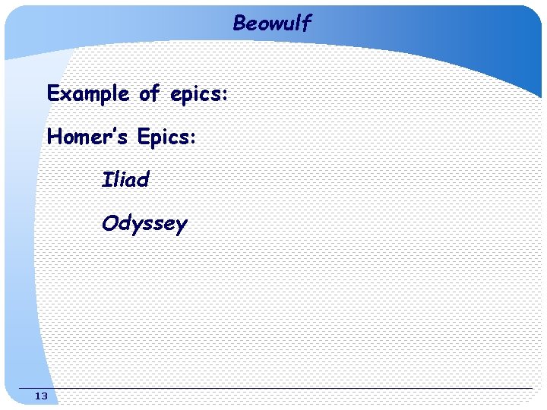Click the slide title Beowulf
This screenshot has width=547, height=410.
[272, 24]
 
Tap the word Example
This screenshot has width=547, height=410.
[88, 94]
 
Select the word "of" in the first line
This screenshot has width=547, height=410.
[150, 94]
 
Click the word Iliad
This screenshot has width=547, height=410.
[125, 181]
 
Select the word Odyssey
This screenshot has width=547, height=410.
[144, 225]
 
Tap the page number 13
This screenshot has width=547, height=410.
[41, 396]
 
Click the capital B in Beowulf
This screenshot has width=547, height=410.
[239, 24]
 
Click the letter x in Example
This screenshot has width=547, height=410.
[65, 95]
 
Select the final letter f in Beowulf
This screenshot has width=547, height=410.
[306, 24]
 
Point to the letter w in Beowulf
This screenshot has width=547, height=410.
[273, 25]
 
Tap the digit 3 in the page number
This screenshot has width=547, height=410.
[44, 396]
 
